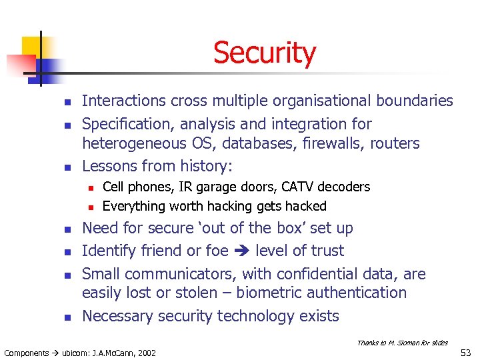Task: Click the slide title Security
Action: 265,53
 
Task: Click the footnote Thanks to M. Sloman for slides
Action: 402,343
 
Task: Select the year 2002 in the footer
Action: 146,353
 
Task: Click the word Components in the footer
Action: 26,353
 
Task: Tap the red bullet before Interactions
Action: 67,102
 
